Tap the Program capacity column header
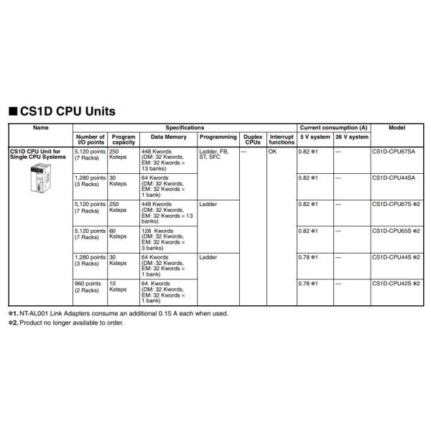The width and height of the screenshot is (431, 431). tap(124, 139)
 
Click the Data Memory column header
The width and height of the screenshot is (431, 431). tap(168, 136)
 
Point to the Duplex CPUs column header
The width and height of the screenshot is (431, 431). tap(252, 139)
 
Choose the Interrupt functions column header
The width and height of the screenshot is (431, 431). tap(282, 139)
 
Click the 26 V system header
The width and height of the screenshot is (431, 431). tap(351, 136)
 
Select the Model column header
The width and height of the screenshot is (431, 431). tap(397, 127)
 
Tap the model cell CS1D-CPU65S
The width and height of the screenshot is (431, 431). tap(395, 231)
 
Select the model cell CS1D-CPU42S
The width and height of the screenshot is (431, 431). tap(395, 284)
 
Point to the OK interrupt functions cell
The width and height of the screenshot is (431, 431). tap(272, 152)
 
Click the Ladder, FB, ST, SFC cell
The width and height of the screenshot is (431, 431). tap(215, 154)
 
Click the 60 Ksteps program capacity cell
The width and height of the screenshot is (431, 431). tap(118, 233)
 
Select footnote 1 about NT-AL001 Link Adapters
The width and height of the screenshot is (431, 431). tap(118, 313)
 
